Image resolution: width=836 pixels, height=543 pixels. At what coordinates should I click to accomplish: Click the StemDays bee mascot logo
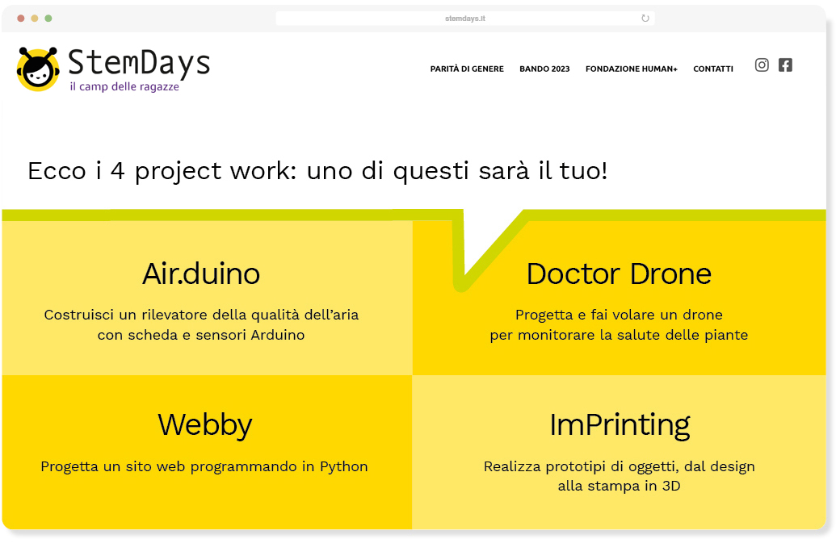click(x=38, y=69)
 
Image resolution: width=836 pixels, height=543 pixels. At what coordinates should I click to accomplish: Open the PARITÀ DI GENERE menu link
click(x=467, y=69)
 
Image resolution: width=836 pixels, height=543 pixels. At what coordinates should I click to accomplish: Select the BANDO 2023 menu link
click(x=544, y=69)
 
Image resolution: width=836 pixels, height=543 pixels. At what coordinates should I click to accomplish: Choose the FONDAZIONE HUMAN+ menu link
click(x=632, y=69)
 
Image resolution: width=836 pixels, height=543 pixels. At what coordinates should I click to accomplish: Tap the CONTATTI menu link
click(x=713, y=69)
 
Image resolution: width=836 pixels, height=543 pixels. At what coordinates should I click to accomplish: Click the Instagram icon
click(x=762, y=65)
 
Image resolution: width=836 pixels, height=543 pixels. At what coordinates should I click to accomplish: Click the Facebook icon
click(x=785, y=65)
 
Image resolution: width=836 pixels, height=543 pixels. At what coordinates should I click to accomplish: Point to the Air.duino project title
click(x=201, y=274)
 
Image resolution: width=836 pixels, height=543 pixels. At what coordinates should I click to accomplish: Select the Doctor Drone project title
click(x=619, y=274)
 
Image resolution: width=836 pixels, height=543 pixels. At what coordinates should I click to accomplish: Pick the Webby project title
click(x=204, y=425)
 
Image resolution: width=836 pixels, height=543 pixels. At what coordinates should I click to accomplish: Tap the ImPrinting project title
click(x=620, y=425)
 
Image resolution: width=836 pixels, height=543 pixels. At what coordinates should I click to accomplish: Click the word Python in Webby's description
click(x=344, y=467)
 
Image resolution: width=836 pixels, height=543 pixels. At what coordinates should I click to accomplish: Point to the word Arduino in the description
click(x=278, y=335)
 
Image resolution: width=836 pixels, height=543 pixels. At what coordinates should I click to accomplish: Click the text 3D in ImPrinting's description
click(x=671, y=486)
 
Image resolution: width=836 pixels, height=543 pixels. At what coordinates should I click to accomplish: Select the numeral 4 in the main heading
click(x=118, y=171)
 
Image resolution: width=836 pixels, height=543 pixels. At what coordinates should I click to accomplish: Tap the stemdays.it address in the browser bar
click(x=465, y=18)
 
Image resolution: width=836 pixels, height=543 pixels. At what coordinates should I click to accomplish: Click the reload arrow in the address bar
click(x=645, y=18)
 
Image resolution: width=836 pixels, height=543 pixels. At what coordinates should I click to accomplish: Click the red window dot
click(x=21, y=18)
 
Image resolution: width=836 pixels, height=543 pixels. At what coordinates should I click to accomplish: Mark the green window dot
click(x=48, y=18)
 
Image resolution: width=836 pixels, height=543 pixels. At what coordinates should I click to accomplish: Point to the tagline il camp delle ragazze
click(x=124, y=86)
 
